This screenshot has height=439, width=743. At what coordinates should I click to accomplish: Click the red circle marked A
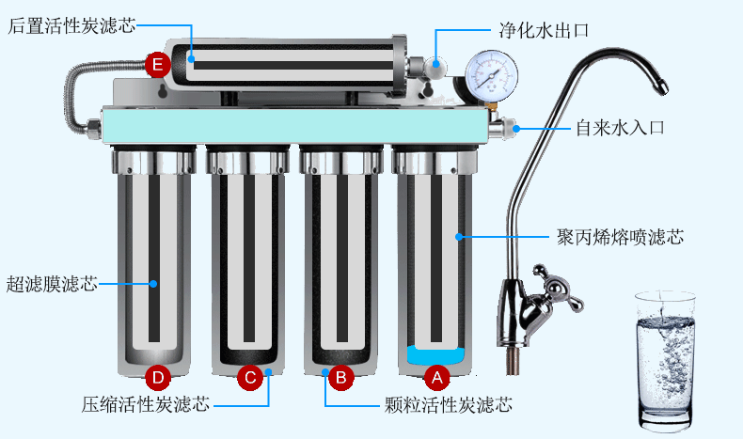[435, 377]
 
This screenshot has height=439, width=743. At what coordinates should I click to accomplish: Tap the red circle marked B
[341, 377]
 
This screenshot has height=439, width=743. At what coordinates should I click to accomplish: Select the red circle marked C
[249, 377]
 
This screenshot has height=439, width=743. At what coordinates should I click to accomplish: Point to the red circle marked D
[158, 377]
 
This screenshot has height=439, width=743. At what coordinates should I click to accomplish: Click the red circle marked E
[158, 64]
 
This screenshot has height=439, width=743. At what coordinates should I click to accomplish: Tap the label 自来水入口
[620, 127]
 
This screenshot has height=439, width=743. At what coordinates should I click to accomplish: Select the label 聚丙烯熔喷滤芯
[619, 237]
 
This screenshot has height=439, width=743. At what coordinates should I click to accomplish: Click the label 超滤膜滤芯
[53, 282]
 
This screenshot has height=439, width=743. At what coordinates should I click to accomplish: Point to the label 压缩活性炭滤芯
[145, 405]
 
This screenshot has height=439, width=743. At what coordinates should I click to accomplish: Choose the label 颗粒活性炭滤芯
[449, 405]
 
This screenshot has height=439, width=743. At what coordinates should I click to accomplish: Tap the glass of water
[665, 356]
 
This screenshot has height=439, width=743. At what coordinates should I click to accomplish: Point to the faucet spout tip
[662, 90]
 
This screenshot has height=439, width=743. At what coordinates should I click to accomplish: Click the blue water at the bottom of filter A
[435, 356]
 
